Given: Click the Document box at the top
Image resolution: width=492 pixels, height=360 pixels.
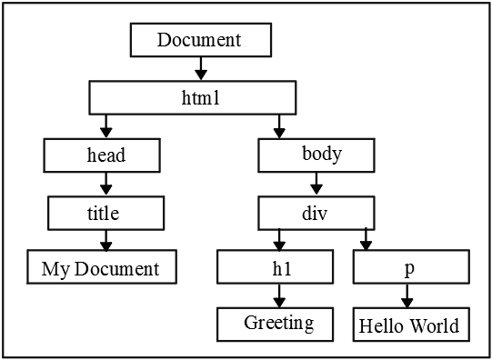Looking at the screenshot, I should (200, 40).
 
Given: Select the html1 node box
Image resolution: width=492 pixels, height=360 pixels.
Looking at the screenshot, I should (192, 95).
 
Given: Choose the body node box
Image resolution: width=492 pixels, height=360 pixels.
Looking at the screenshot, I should (316, 155).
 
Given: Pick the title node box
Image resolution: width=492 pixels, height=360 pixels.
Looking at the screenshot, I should (105, 214).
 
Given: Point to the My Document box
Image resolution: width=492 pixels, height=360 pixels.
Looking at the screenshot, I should (100, 268).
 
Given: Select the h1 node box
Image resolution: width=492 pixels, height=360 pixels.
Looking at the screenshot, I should (278, 268).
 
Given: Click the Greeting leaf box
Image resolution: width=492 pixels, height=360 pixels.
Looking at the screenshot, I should (278, 323).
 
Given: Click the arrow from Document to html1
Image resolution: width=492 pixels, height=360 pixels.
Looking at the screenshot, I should (200, 68).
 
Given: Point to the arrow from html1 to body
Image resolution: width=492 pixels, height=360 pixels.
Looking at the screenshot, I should (278, 125).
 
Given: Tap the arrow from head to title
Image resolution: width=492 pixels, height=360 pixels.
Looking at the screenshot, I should (105, 185).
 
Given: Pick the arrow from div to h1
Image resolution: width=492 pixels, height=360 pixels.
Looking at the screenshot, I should (278, 240).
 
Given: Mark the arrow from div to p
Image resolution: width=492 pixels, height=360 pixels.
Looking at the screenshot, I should (366, 240).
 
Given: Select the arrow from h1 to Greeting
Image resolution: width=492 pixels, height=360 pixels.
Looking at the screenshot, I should (278, 295).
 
